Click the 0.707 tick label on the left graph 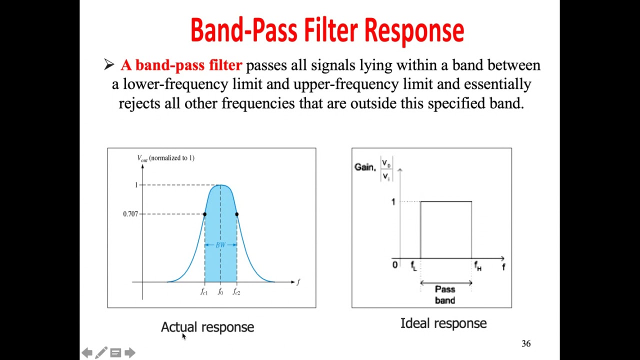tap(130, 214)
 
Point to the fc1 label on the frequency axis tap(204, 292)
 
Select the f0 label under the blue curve tap(220, 292)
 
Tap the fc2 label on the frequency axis tap(236, 292)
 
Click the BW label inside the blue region tap(220, 245)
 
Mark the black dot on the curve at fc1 tap(204, 214)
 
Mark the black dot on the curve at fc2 tap(236, 214)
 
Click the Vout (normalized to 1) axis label tap(165, 158)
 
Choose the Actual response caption tap(207, 327)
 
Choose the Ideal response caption tap(443, 323)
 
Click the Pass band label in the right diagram tap(445, 294)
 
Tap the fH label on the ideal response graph tap(477, 266)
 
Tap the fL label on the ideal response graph tap(413, 266)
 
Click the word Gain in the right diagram tap(364, 167)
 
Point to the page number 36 tap(526, 343)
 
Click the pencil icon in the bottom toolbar tap(101, 353)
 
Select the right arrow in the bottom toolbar tap(130, 353)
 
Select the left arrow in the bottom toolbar tap(87, 353)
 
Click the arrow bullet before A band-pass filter tap(109, 64)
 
